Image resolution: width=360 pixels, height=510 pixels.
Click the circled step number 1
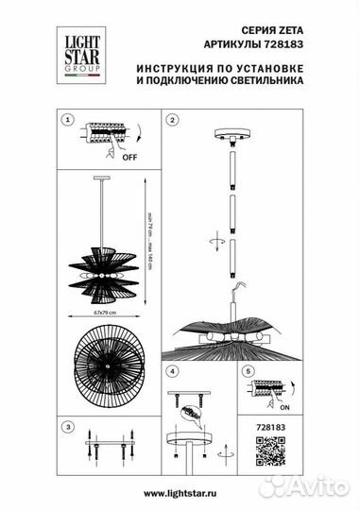coord(67,121)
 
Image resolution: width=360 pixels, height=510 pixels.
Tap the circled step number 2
coord(173,121)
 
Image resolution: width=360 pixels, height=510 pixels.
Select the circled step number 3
coord(67,428)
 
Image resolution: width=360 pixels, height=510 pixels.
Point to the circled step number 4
coord(173,370)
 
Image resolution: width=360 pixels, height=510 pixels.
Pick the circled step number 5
coord(247,370)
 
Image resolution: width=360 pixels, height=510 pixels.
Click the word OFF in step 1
coord(129,160)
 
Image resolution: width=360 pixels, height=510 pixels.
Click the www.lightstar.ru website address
coord(180,492)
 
